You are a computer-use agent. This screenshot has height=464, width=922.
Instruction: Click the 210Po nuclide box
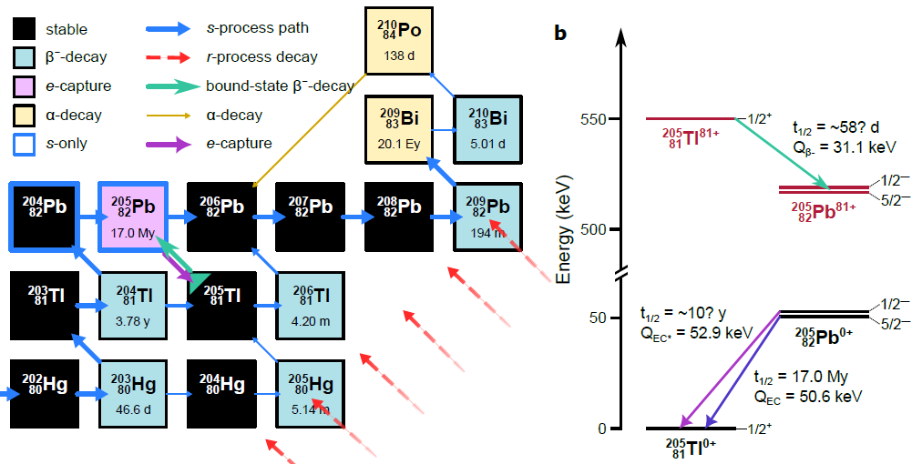coord(398,40)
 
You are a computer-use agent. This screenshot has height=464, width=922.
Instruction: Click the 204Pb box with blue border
coord(42,216)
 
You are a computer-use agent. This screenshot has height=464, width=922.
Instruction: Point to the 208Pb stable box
coord(398,216)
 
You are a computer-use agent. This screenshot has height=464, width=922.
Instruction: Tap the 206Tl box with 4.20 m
coord(310,304)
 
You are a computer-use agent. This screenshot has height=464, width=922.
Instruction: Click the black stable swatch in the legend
coord(25,29)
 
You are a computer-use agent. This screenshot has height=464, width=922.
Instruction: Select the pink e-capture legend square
coord(25,86)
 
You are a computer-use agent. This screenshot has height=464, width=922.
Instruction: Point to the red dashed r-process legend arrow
coord(168,57)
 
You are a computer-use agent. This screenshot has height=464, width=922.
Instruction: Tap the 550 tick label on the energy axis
coord(597,119)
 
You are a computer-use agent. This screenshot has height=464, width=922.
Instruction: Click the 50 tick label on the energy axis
coord(600,318)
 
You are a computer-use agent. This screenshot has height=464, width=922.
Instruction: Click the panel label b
coord(561,34)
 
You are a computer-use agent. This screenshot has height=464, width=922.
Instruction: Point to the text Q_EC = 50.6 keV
coord(807,396)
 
